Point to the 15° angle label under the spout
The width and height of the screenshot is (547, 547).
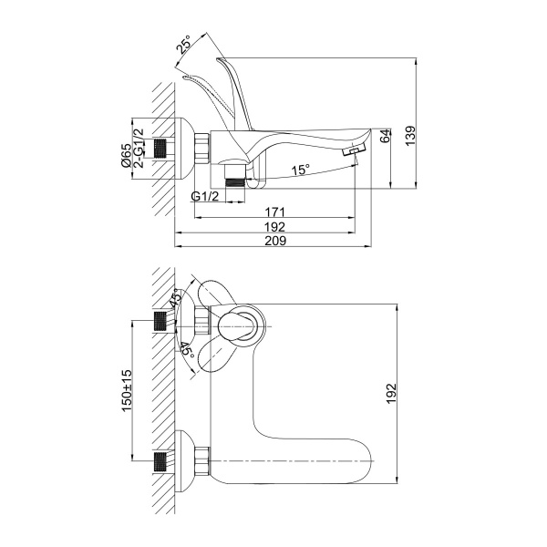click(300, 170)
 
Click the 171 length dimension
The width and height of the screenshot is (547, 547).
click(276, 212)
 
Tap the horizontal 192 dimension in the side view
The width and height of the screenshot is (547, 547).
click(276, 227)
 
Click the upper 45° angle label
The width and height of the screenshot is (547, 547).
click(176, 300)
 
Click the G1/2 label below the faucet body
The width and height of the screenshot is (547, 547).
click(204, 197)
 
